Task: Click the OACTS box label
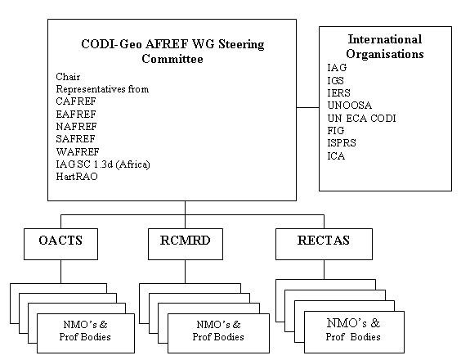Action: (x=60, y=241)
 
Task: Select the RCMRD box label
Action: (x=186, y=241)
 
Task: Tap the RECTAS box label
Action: (x=324, y=241)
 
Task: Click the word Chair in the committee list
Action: (x=68, y=77)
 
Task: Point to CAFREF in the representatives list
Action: (x=76, y=101)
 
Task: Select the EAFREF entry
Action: (x=76, y=115)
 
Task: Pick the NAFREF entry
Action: (x=77, y=127)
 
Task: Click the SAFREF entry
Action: (x=75, y=139)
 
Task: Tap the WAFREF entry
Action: (x=78, y=152)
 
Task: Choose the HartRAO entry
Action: (x=77, y=177)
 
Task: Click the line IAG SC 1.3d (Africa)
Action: (x=103, y=164)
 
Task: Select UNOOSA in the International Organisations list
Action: (x=350, y=106)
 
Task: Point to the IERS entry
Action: (x=338, y=93)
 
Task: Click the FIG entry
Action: (x=336, y=131)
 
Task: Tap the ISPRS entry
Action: (x=342, y=143)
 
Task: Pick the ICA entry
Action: (x=336, y=156)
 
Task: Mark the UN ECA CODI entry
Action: (x=361, y=118)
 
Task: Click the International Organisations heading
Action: (x=385, y=47)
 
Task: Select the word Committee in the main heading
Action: (x=172, y=59)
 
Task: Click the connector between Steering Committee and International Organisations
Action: (x=308, y=107)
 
